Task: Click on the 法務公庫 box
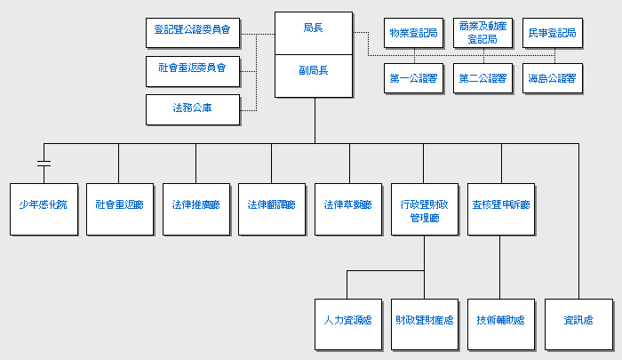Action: point(194,109)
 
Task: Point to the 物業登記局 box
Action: point(414,33)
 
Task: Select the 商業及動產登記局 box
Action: point(482,33)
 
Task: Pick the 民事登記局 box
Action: point(552,33)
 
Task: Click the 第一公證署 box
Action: point(414,78)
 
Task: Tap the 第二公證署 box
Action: point(482,78)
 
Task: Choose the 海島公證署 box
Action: point(552,78)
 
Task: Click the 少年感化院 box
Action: point(43,209)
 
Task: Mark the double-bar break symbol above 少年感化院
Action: point(43,164)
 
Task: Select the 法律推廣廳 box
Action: point(195,209)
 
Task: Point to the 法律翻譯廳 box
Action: point(271,209)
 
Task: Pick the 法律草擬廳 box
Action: point(347,209)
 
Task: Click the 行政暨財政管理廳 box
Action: point(424,209)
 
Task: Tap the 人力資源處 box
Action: point(347,321)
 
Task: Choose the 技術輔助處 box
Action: point(500,321)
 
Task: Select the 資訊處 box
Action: point(578,321)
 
